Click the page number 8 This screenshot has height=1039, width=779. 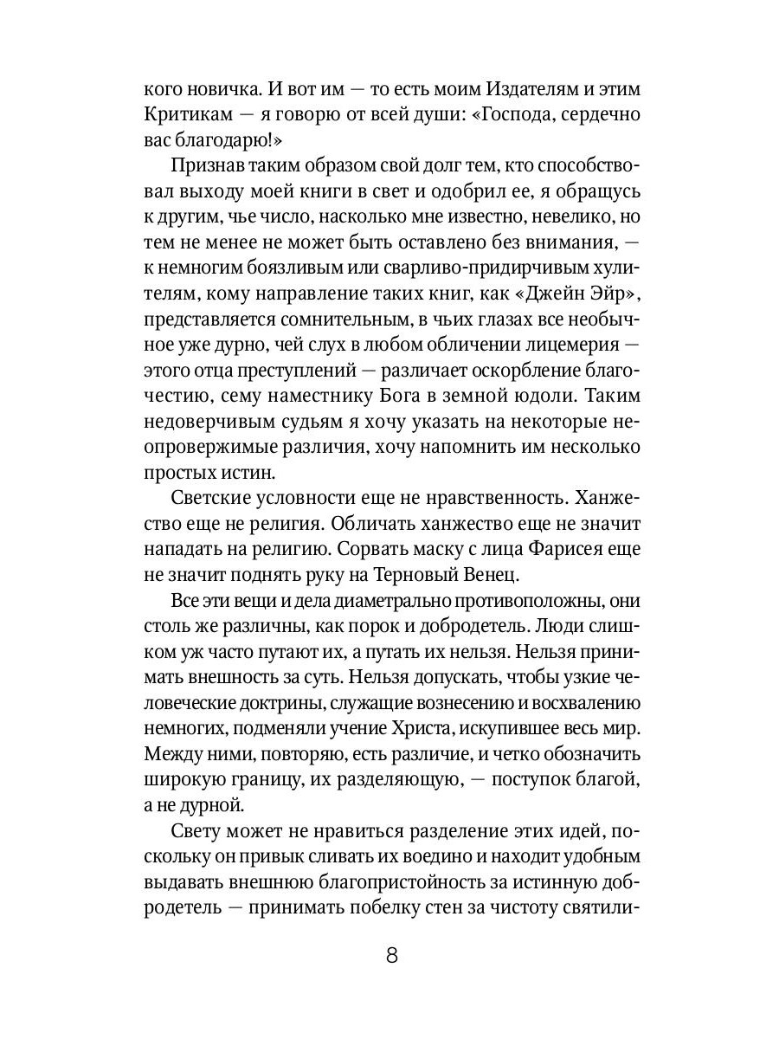pos(390,955)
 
